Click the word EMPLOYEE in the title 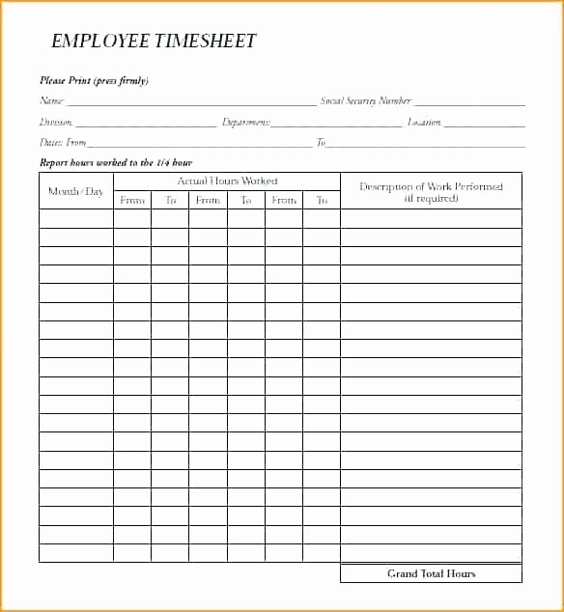point(99,42)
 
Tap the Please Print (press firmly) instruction point(94,80)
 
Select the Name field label point(51,100)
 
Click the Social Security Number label point(366,100)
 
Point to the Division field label point(56,122)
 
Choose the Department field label point(246,122)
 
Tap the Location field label point(424,122)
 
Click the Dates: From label point(63,143)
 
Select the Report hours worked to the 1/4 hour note point(116,162)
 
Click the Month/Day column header point(75,191)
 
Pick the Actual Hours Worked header point(227,181)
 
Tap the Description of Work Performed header point(431,186)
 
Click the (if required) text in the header point(431,198)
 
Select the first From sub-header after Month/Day point(132,200)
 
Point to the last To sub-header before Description point(322,200)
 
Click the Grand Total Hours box point(431,573)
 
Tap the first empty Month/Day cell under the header point(75,218)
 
